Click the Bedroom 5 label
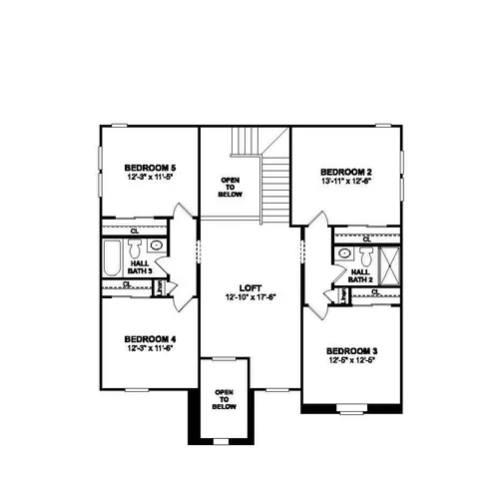(x=151, y=167)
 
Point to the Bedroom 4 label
(x=150, y=337)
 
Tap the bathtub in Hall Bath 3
(x=113, y=256)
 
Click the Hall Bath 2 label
(x=360, y=275)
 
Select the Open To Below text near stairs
(x=230, y=187)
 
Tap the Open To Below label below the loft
(x=224, y=399)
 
